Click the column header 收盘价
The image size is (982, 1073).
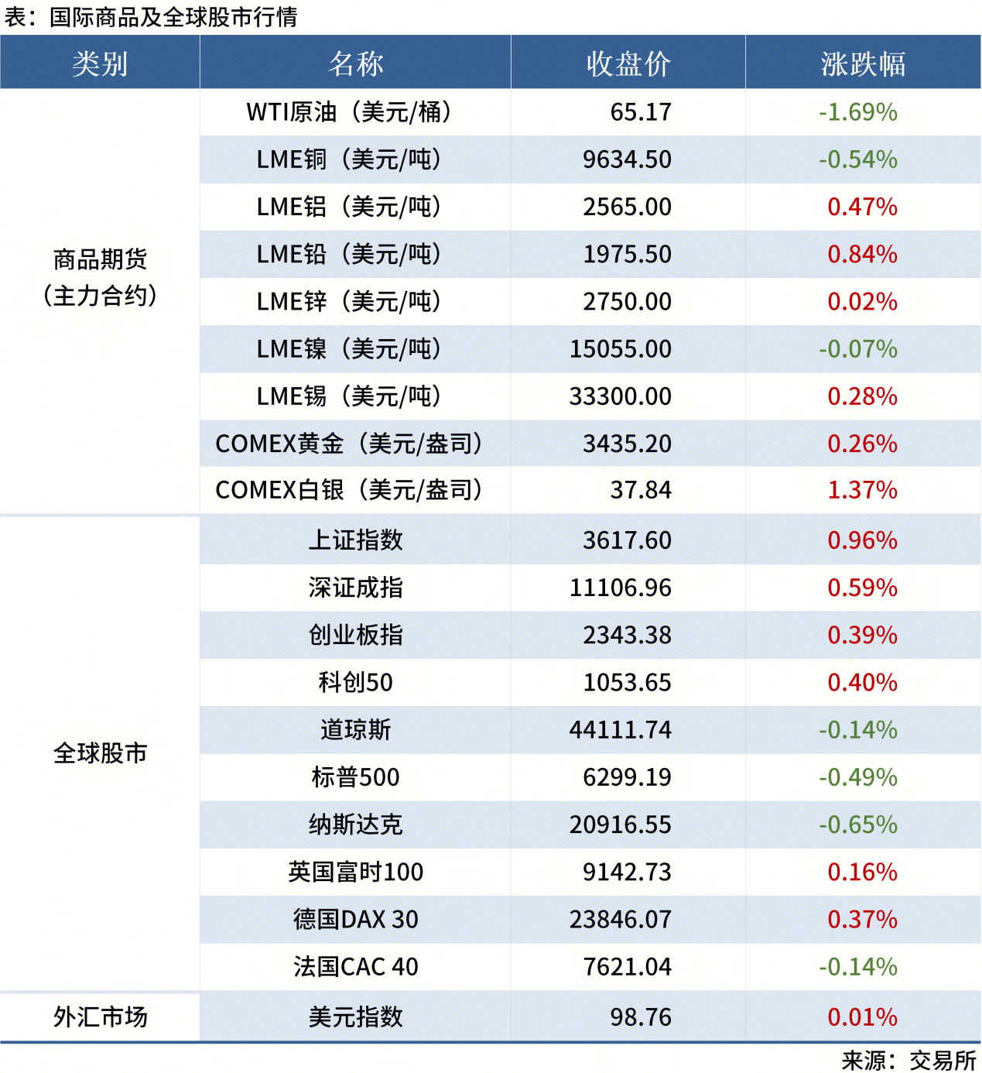[628, 63]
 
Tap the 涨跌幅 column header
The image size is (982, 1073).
[863, 63]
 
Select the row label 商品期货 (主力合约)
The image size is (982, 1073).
[100, 277]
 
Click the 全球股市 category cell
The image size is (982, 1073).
[100, 753]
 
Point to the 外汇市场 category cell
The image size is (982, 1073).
[100, 1016]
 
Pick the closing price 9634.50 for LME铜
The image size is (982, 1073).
[627, 159]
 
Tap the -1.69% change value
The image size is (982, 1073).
[858, 112]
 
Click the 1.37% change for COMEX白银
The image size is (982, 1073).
[862, 490]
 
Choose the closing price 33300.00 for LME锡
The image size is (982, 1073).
[621, 396]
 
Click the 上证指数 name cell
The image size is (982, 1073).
[355, 540]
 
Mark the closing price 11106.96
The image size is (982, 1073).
[621, 588]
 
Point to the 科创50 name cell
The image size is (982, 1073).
[355, 682]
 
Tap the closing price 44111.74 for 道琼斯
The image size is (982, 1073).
[621, 729]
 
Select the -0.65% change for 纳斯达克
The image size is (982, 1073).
[858, 824]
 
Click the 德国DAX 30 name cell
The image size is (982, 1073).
[355, 919]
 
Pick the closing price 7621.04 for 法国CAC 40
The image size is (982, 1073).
[627, 966]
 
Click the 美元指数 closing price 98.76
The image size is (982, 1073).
[641, 1016]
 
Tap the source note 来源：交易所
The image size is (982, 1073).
[909, 1060]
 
